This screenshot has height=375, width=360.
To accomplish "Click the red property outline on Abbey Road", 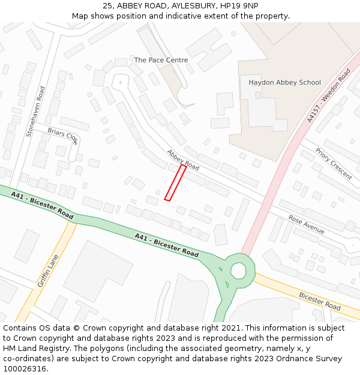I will coord(175,183).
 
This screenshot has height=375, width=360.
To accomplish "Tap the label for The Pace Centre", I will coord(161,60).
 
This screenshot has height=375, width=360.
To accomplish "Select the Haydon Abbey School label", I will coord(284,82).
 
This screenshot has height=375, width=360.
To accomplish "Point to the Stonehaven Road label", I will coord(35,112).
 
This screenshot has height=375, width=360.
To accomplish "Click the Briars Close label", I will coord(63,136).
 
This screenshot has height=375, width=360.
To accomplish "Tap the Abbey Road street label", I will coord(182,160).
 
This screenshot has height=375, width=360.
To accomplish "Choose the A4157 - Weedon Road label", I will coord(328,96).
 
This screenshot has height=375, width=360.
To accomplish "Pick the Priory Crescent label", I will coord(334,164).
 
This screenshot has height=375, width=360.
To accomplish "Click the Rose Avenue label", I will coord(306,225).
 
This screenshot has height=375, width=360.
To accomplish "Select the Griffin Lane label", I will coord(47,270).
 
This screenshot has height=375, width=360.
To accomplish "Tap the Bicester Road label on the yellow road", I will coord(320,301).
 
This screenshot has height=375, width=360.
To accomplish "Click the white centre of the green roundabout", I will coord(238,271).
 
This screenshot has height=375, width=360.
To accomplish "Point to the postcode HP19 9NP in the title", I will coord(239,5).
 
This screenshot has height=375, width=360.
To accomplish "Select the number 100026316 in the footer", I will coord(25,368).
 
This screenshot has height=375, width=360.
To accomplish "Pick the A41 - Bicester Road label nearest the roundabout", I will coord(166,246).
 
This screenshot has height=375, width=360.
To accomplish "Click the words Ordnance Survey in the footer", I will coord(313,358).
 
